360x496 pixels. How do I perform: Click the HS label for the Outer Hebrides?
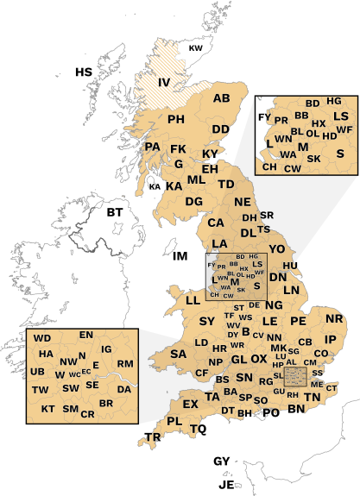click(x=83, y=72)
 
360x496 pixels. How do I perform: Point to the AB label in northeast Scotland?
click(x=222, y=99)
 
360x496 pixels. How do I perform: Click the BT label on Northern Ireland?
click(x=115, y=211)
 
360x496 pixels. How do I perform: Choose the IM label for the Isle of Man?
click(x=180, y=257)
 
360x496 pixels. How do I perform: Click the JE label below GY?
click(x=227, y=485)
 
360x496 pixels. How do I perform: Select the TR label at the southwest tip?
click(x=153, y=438)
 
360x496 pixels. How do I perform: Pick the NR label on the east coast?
click(x=334, y=319)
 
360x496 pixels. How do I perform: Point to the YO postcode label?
click(x=276, y=249)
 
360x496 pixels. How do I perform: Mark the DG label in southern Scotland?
click(x=193, y=202)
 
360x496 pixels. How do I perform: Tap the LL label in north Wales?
click(x=193, y=300)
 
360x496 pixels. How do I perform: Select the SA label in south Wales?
click(x=179, y=355)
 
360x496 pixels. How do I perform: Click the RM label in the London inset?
click(x=124, y=364)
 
